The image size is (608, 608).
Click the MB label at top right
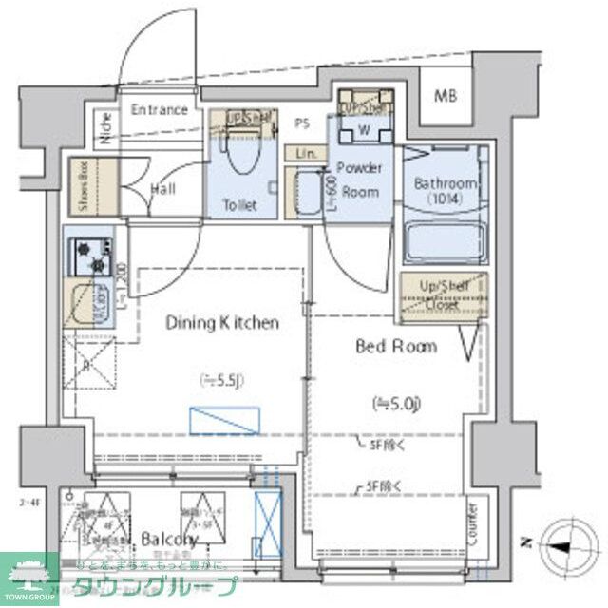pos(444,96)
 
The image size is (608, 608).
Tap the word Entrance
pos(159,109)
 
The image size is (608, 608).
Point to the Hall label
pos(162,189)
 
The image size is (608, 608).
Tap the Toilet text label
pos(238,204)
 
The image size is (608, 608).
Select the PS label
pos(302,123)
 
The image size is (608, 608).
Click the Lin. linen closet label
pos(305,153)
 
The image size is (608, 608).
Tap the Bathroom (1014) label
pos(444,190)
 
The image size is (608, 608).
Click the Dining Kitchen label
pos(222,323)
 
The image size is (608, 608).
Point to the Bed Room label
pos(396,347)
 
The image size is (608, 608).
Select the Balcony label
pos(168,540)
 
